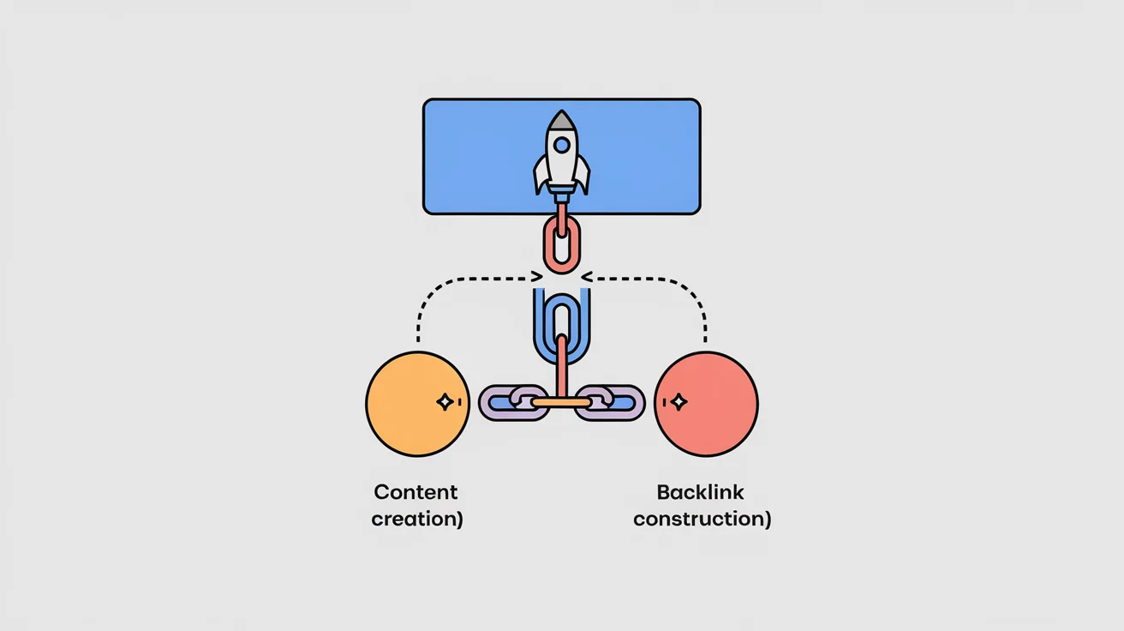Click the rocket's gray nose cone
point(561,121)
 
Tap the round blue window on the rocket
point(562,145)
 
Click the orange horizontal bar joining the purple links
point(561,403)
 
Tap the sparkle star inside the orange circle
point(445,402)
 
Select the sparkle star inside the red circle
point(679,402)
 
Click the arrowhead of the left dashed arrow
point(537,277)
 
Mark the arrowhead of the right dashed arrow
point(587,277)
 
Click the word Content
point(416,492)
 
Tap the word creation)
point(417,519)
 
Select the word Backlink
point(701,492)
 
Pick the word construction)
point(702,519)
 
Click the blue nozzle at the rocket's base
point(561,194)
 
